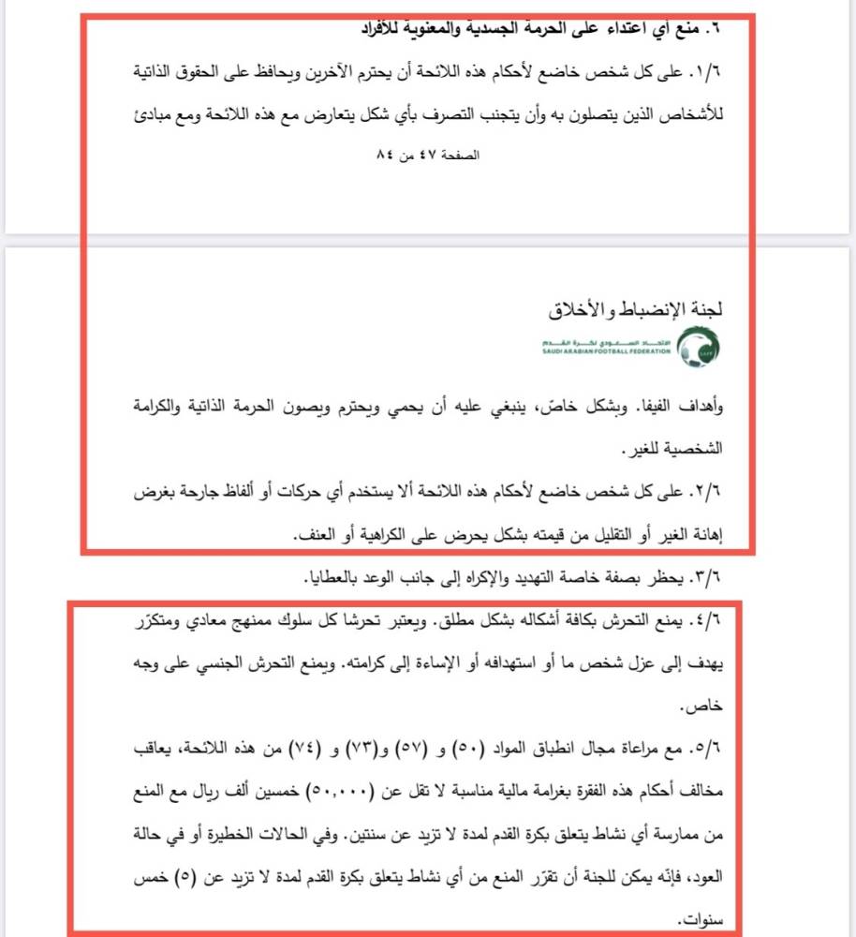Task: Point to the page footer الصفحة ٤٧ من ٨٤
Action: point(425,155)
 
